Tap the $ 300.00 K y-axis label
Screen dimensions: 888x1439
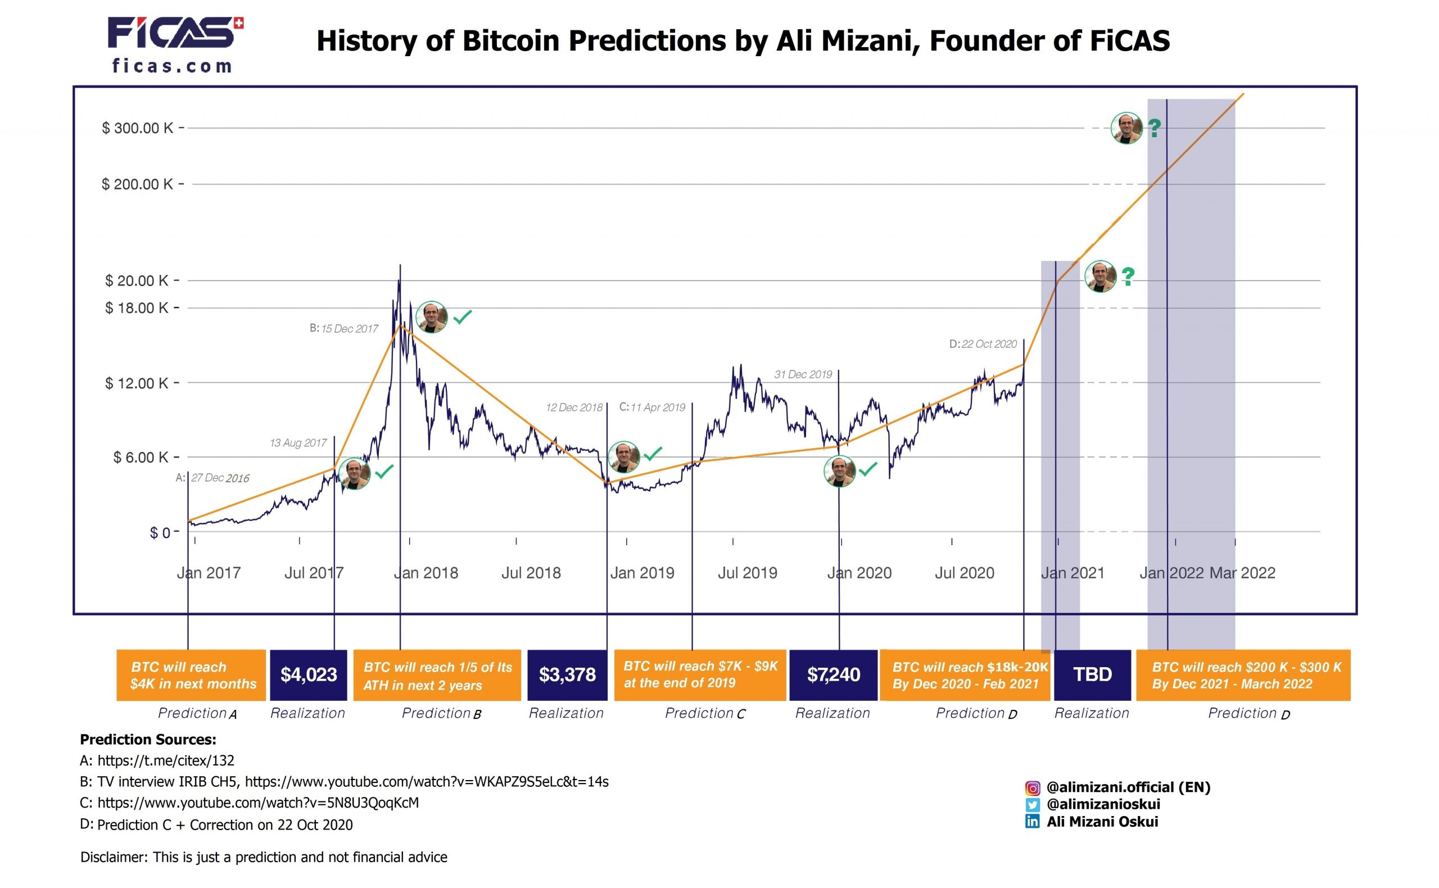(x=138, y=128)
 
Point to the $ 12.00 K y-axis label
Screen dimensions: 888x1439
(x=136, y=383)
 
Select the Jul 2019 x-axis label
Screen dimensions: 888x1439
(x=747, y=573)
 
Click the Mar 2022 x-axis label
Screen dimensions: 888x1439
(x=1242, y=573)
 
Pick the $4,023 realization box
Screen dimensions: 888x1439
(x=309, y=674)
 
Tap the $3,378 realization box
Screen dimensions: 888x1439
(x=567, y=674)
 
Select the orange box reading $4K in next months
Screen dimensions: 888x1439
(x=191, y=675)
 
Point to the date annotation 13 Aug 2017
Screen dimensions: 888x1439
(x=298, y=443)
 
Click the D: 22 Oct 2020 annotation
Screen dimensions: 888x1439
(x=983, y=344)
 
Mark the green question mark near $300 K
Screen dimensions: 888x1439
(x=1154, y=128)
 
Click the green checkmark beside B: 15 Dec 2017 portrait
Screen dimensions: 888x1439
(x=462, y=317)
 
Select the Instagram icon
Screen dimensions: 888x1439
(x=1032, y=788)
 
